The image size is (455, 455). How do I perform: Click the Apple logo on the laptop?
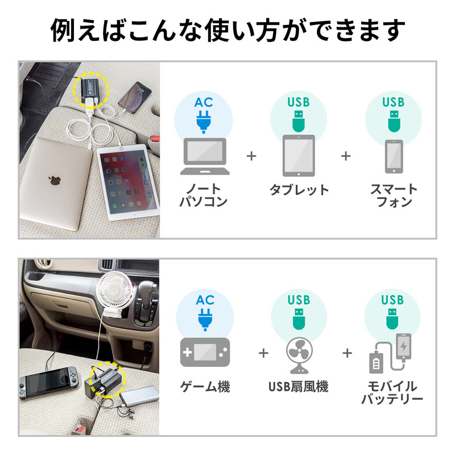55,181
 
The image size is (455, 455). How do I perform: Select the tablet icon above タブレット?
299,155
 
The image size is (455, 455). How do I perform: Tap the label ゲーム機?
205,387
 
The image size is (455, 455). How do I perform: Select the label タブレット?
299,190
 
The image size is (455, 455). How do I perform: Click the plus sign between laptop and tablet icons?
252,156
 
